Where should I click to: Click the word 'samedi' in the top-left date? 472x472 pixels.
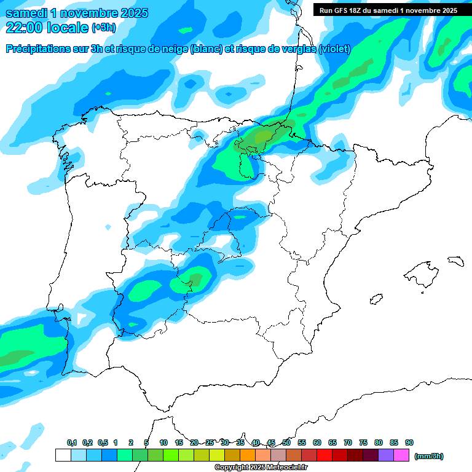[x=27, y=13]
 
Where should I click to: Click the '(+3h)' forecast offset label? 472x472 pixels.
[x=103, y=28]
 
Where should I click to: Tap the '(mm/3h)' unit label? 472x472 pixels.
[x=429, y=456]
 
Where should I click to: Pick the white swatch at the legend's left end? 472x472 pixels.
[x=63, y=455]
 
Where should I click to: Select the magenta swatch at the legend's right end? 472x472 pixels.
[x=401, y=455]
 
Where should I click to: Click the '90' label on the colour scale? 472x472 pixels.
[x=409, y=442]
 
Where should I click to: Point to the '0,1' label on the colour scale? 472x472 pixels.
[x=72, y=442]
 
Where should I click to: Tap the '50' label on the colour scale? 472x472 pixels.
[x=286, y=442]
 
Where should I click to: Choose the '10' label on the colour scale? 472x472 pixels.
[x=163, y=442]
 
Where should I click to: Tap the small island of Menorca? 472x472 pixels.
[x=455, y=261]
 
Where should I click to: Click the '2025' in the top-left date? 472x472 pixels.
[x=130, y=13]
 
